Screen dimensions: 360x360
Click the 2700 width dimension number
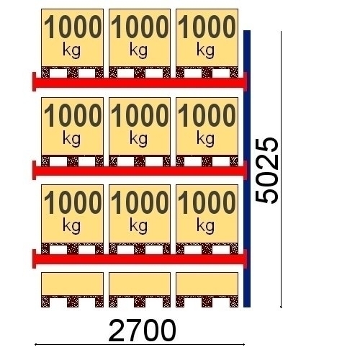[143, 330]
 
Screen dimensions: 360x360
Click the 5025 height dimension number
[266, 171]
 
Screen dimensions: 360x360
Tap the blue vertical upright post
[247, 168]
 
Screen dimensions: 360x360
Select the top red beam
[140, 83]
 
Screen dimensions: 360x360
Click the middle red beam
[140, 171]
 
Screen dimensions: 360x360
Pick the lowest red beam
[140, 259]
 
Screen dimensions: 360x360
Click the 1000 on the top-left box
[73, 27]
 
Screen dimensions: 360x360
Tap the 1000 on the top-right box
[207, 27]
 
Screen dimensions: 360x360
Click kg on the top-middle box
[139, 50]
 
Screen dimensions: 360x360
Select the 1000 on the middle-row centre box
[140, 115]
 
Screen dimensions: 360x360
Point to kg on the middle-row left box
[72, 139]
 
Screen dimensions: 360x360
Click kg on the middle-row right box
[206, 139]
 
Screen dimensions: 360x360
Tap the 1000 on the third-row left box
[73, 202]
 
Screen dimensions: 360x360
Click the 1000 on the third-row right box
[207, 202]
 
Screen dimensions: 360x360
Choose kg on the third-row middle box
[139, 226]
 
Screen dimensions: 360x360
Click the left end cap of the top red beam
[34, 81]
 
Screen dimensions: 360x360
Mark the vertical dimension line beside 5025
[281, 169]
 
